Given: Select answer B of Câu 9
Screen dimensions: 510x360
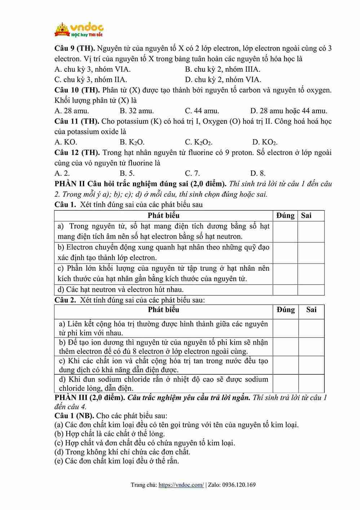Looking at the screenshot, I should point(222,69).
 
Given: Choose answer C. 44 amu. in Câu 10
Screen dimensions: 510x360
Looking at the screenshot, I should point(202,111).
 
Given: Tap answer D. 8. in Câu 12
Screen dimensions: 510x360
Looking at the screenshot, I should point(258,173).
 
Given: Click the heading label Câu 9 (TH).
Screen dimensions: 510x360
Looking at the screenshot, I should point(75,48).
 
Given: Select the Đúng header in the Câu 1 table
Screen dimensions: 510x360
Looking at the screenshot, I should point(285,216).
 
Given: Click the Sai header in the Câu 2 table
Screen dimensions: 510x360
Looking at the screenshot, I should point(311,309).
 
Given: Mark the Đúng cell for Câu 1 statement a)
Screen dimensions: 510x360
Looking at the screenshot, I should point(285,232).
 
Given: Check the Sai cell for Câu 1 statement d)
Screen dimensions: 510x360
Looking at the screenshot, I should point(311,290).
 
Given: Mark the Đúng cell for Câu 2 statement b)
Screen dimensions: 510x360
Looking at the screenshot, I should point(286,347).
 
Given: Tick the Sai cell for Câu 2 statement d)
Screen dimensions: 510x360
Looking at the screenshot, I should point(311,384).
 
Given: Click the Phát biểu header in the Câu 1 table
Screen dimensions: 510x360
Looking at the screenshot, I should point(163,216).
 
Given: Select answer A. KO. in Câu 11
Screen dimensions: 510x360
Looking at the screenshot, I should point(66,142).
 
